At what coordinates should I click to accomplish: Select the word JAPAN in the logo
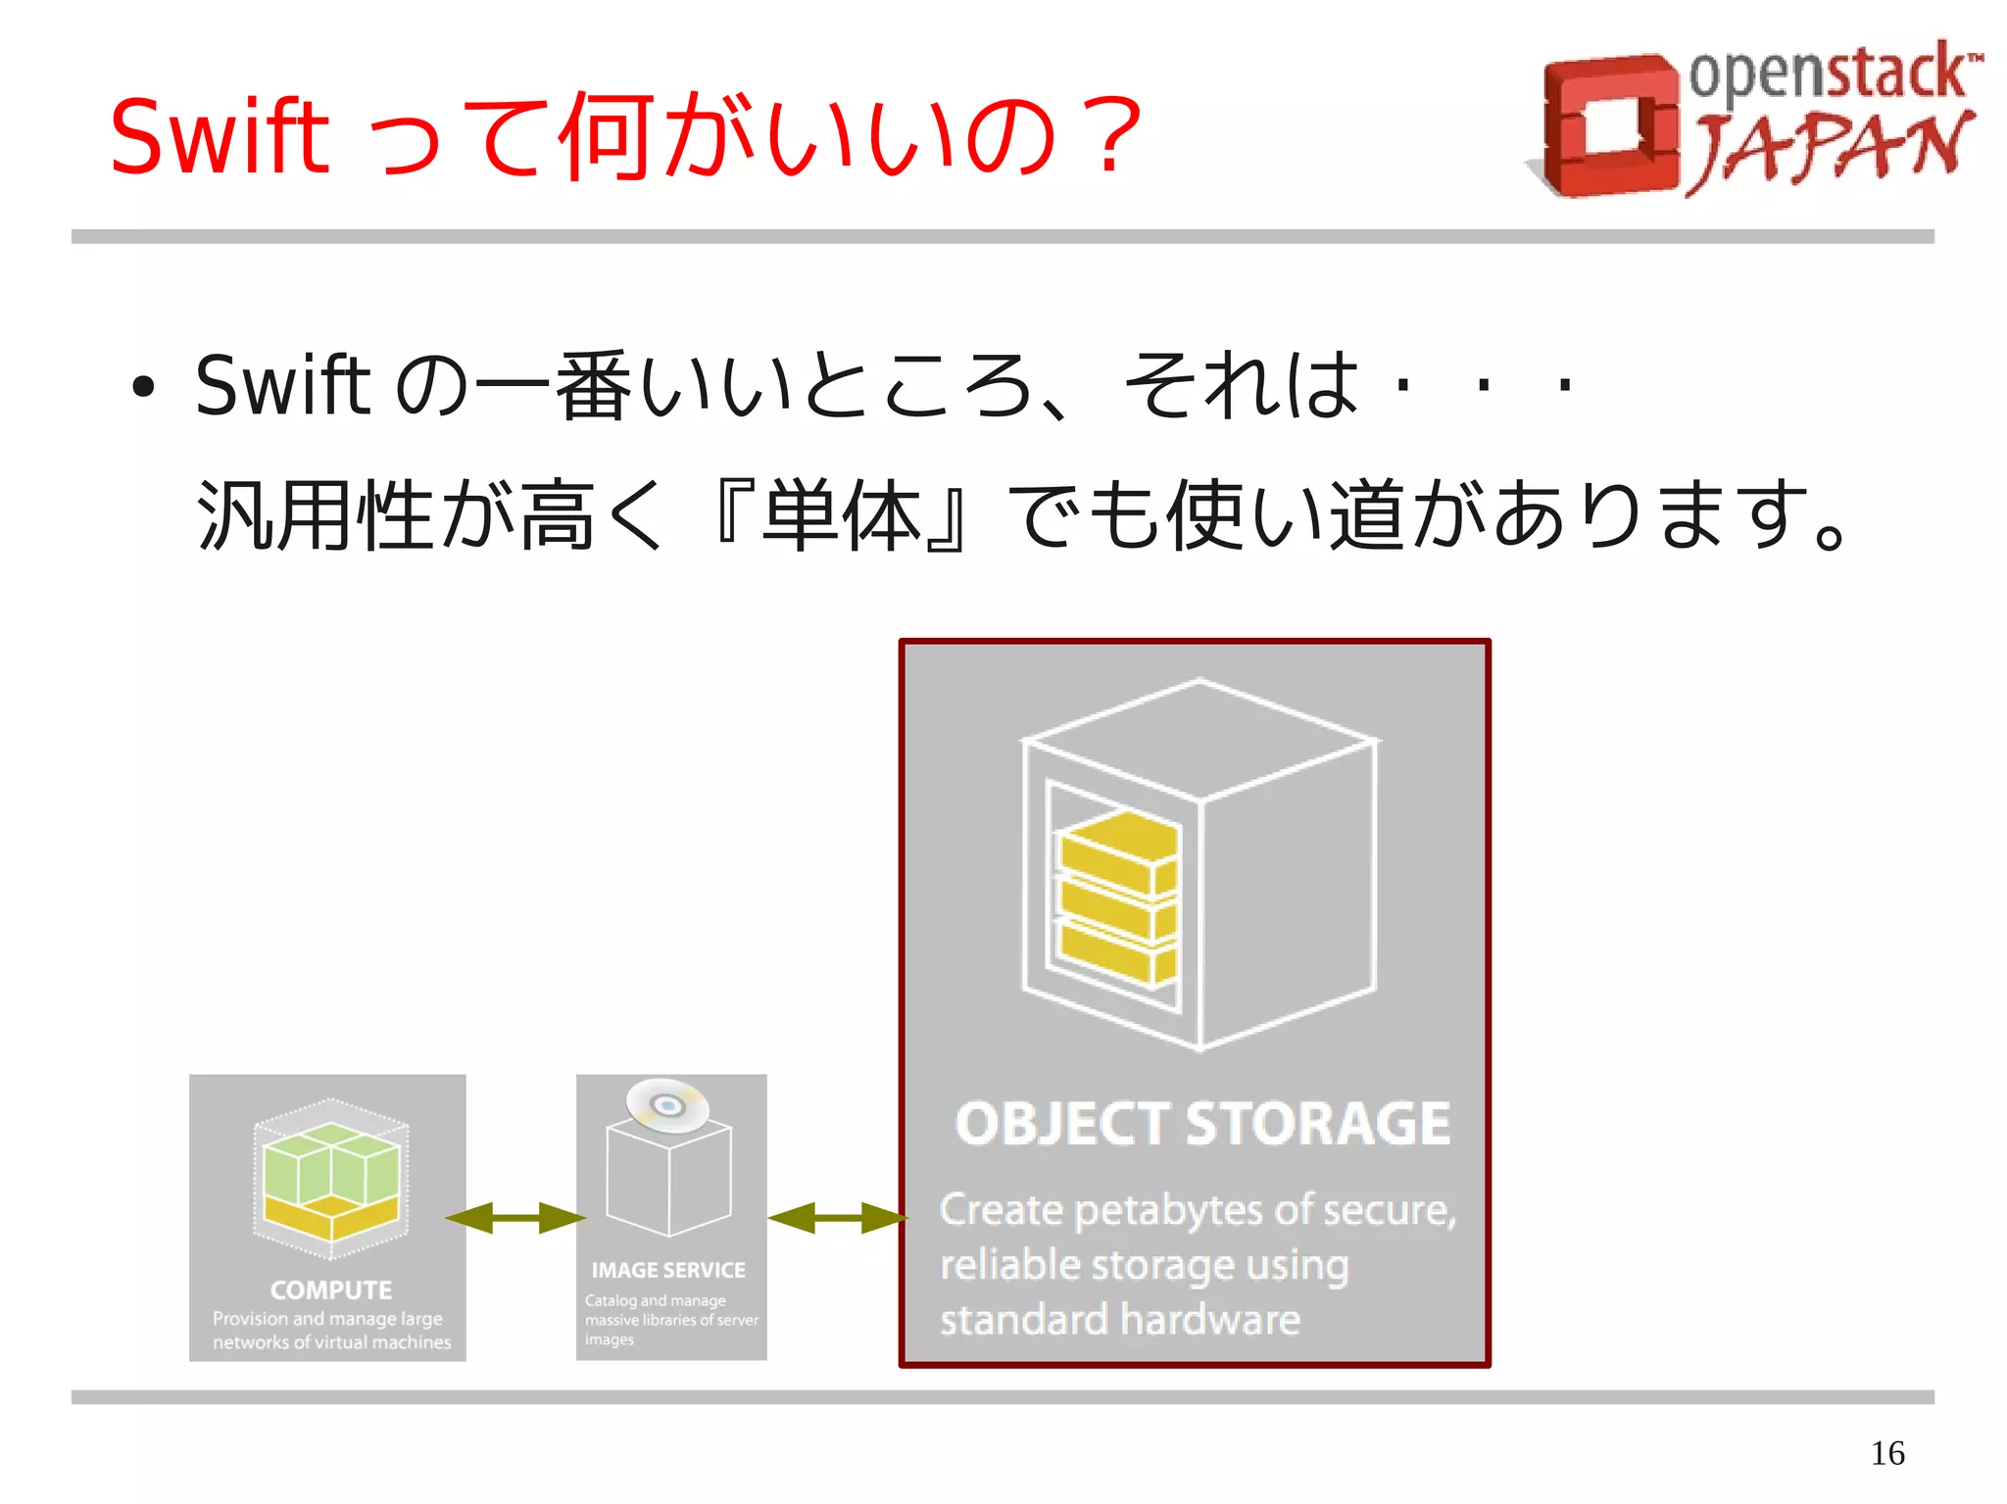pos(1831,150)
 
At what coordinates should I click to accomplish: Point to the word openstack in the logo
pos(1829,72)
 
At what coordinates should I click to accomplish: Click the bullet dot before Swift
pos(144,387)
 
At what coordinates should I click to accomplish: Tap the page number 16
pos(1886,1452)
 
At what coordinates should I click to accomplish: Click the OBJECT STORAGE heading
pos(1202,1124)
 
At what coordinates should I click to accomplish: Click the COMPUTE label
pos(331,1289)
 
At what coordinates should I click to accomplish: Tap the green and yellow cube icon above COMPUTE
pos(331,1181)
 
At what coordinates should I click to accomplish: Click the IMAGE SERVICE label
pos(668,1270)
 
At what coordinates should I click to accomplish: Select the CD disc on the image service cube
pos(667,1105)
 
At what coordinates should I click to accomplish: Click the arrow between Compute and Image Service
pos(515,1218)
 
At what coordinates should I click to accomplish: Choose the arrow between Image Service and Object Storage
pos(838,1218)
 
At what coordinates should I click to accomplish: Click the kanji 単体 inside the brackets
pos(842,515)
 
